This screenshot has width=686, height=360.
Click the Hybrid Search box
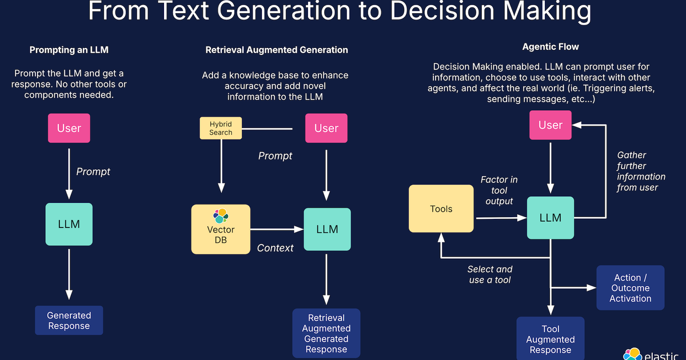pos(221,128)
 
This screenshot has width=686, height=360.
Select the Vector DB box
pos(221,229)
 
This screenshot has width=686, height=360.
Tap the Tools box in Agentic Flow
pos(441,209)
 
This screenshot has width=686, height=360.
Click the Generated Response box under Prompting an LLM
pos(69,321)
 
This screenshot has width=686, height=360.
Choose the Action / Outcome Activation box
pos(630,287)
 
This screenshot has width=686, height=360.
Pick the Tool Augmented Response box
pos(551,339)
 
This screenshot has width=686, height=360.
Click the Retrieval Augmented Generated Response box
pos(326,333)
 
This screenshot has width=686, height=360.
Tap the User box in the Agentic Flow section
pos(551,125)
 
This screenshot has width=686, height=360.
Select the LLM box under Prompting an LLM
pos(69,224)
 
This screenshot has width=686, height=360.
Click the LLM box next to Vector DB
pos(326,229)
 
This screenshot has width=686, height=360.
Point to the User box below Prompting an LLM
pos(69,128)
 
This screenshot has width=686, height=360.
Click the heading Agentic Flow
pos(551,47)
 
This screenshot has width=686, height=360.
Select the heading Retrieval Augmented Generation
pos(277,50)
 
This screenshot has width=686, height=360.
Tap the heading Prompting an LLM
pos(69,50)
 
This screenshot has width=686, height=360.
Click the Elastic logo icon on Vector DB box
pos(221,216)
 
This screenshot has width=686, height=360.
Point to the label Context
pos(275,248)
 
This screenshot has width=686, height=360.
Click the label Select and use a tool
pos(489,274)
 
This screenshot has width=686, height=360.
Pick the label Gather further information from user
pos(641,171)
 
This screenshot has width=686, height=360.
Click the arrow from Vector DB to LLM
pos(277,229)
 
